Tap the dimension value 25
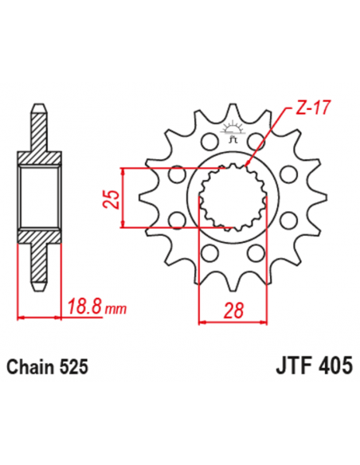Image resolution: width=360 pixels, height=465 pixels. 113,197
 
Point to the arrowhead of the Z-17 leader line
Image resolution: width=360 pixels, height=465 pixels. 248,164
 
